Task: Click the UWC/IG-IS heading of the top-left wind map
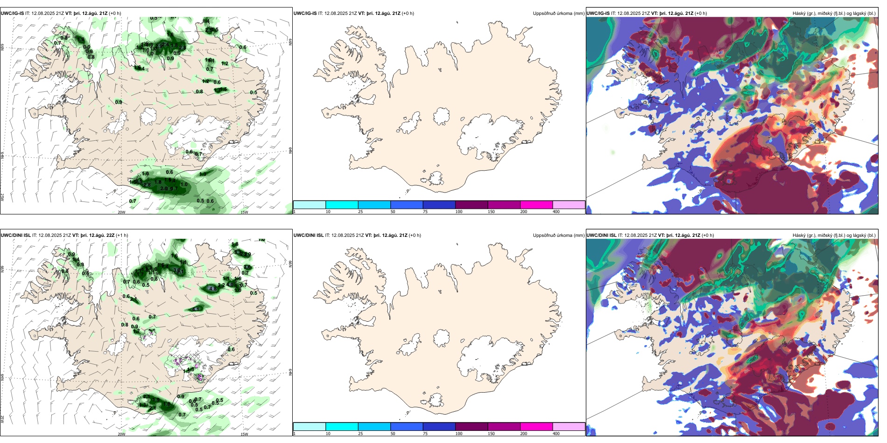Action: (12, 14)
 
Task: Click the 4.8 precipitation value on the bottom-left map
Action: (213, 289)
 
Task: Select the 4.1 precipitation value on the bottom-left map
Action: (196, 309)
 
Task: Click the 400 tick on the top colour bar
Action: (556, 212)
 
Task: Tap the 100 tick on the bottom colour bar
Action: (459, 434)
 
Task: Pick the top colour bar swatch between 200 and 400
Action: (569, 205)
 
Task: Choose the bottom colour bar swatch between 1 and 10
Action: (310, 427)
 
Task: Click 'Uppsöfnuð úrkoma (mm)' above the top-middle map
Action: (558, 14)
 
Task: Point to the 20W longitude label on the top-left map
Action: (121, 212)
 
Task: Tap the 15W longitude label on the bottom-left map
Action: (244, 434)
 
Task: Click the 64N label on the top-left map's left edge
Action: (2, 155)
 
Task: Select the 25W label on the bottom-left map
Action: (2, 419)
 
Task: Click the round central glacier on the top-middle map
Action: (441, 116)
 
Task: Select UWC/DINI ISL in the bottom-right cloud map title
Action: (601, 235)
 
